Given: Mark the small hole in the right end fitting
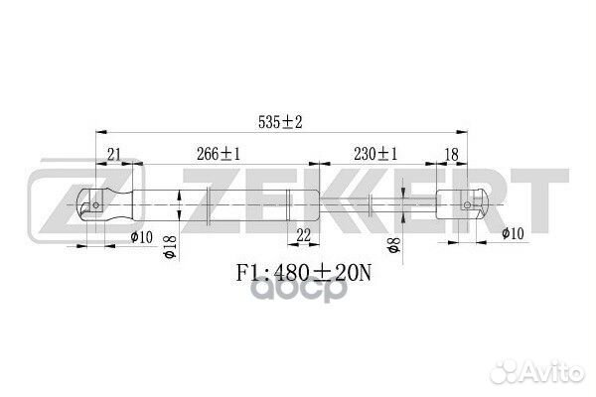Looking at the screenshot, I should [x=467, y=202].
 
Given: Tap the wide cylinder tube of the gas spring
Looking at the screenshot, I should [x=219, y=204].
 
